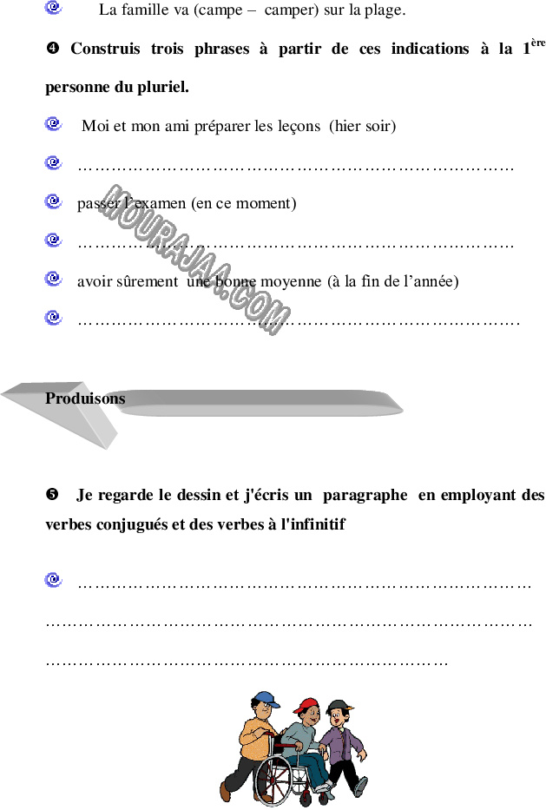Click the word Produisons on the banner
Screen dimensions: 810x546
click(x=84, y=398)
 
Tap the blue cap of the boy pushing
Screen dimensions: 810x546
click(x=266, y=698)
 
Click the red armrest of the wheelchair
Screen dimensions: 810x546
click(x=286, y=745)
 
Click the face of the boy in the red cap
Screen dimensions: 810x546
click(x=309, y=717)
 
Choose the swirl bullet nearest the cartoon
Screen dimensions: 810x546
click(x=54, y=580)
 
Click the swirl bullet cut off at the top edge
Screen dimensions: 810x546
click(x=54, y=7)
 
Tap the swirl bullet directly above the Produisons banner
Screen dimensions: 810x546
click(x=54, y=318)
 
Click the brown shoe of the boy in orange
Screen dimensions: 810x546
click(x=226, y=792)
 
